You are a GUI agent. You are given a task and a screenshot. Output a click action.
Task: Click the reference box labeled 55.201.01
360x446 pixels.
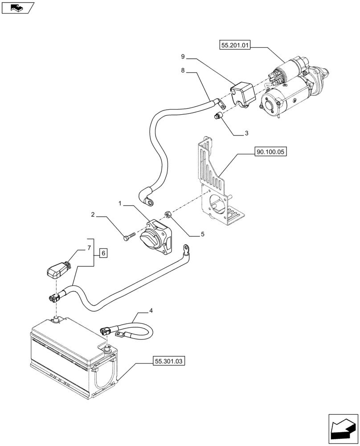click(235, 45)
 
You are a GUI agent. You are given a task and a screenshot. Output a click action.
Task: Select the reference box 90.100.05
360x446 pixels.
click(270, 152)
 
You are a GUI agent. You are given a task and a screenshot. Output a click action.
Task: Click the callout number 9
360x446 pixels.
click(183, 57)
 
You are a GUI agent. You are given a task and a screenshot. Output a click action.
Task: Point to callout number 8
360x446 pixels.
click(183, 70)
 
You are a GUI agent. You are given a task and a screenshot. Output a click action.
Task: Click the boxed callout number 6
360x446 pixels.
click(103, 253)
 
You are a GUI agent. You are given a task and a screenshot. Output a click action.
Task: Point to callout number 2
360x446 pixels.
click(93, 215)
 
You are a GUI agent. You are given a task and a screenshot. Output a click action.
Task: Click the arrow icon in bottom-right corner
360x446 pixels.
click(342, 428)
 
